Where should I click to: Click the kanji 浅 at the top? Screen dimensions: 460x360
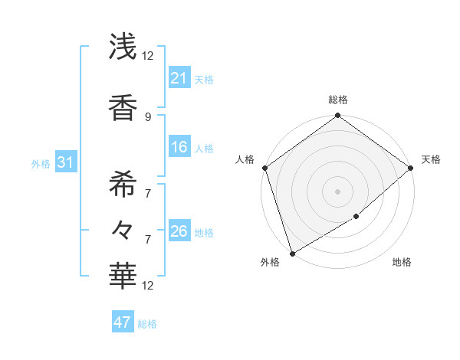click(123, 47)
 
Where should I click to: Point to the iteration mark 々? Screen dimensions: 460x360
click(123, 230)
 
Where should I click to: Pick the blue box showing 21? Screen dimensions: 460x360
click(179, 78)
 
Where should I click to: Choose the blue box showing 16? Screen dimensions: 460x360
click(179, 147)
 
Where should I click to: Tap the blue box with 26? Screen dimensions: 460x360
click(179, 231)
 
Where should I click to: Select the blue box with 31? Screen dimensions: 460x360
click(64, 162)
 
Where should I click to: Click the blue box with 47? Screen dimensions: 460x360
click(123, 322)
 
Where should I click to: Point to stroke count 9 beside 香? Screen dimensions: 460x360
click(147, 116)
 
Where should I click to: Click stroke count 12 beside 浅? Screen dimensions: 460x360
click(147, 55)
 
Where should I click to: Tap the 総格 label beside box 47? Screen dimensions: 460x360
click(147, 324)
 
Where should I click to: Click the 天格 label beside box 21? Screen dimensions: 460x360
click(204, 79)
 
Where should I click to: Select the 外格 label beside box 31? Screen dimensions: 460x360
click(40, 163)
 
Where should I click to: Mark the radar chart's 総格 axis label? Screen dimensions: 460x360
click(337, 100)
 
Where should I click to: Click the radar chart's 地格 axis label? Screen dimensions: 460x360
click(402, 263)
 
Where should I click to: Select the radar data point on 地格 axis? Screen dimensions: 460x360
click(356, 217)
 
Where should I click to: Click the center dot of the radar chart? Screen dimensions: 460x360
click(337, 191)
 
